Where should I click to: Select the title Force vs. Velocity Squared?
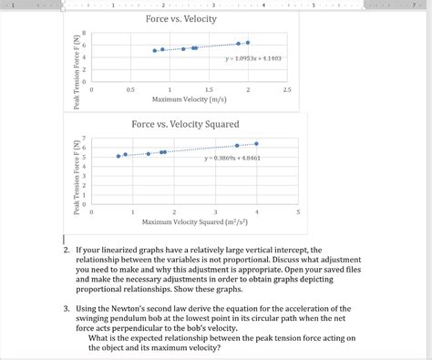click(x=185, y=124)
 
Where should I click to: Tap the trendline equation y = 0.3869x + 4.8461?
click(x=232, y=159)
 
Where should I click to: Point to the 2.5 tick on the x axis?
click(x=286, y=90)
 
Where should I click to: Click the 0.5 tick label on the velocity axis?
click(x=130, y=90)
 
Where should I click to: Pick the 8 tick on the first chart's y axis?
click(x=84, y=34)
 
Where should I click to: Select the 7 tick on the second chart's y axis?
click(x=84, y=139)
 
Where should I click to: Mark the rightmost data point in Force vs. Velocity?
click(x=247, y=42)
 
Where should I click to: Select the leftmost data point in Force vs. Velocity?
click(x=155, y=51)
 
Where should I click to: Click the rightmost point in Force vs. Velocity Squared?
click(x=257, y=144)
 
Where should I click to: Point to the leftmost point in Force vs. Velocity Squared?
click(x=118, y=156)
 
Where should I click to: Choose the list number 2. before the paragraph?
click(x=67, y=250)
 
